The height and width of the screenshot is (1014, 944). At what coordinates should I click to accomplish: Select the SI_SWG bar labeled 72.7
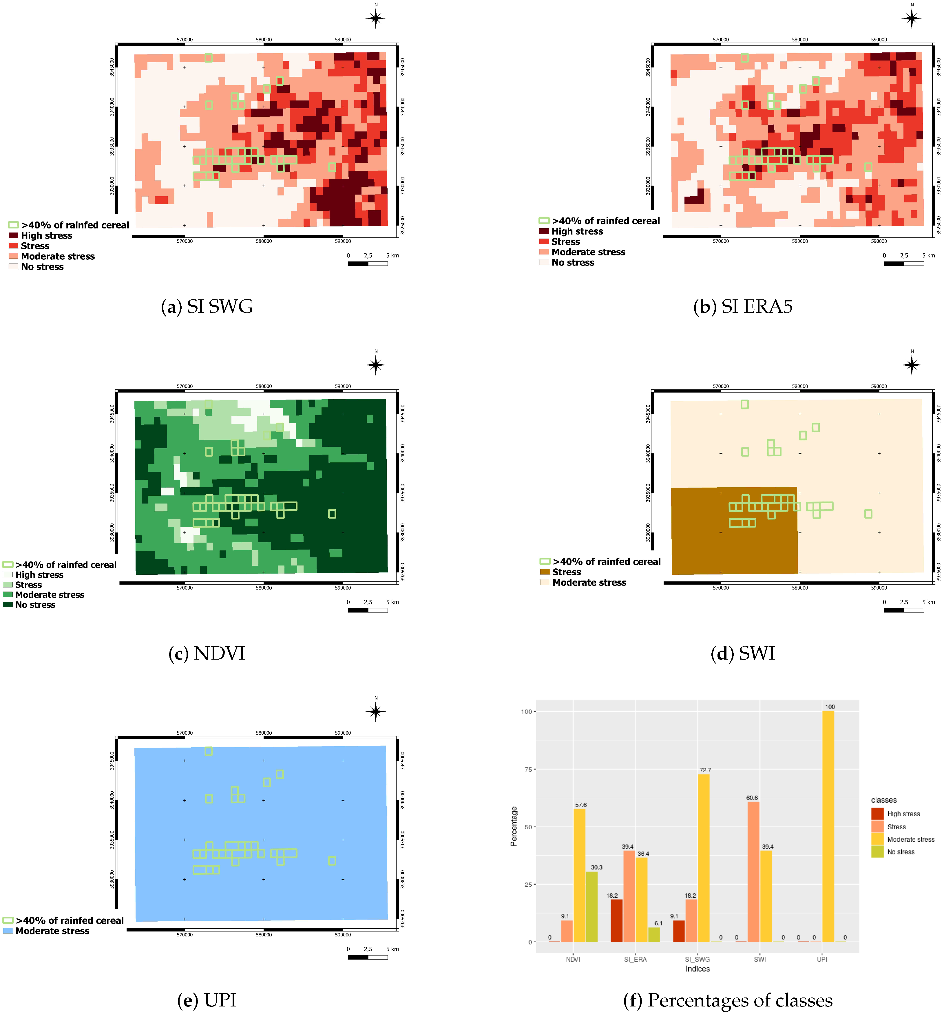pos(703,857)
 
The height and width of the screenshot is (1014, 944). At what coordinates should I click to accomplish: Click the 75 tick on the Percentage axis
pos(528,769)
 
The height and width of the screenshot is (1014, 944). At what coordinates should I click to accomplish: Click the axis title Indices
pos(697,969)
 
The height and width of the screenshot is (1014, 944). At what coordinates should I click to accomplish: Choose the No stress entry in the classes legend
pos(900,852)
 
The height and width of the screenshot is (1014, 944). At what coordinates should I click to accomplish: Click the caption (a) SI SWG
pos(207,307)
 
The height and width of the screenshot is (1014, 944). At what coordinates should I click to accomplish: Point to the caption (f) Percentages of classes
pos(728,1000)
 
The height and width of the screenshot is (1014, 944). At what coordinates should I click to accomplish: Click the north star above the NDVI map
pos(376,365)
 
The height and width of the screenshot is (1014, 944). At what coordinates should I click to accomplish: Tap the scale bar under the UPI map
pos(367,957)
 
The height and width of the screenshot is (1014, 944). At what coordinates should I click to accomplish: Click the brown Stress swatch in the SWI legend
pos(545,572)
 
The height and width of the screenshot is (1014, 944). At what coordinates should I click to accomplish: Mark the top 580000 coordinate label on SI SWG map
pos(263,39)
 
